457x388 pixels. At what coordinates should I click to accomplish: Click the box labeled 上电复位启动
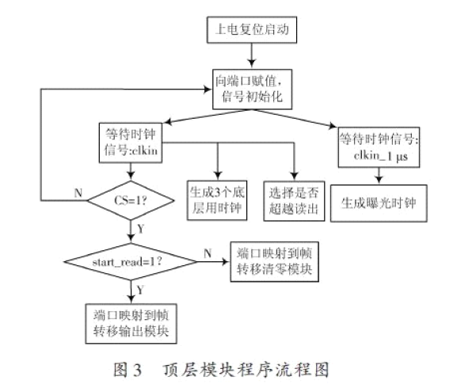(x=252, y=30)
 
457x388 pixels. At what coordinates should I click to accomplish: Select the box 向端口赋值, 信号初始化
(x=252, y=89)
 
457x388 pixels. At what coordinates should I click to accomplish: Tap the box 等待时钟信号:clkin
(x=131, y=143)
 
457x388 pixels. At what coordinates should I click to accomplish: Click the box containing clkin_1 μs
(x=379, y=147)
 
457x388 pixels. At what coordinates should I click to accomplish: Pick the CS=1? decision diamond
(x=131, y=200)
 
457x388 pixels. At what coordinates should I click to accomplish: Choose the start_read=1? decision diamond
(x=131, y=261)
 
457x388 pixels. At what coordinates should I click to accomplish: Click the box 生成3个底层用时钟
(x=217, y=200)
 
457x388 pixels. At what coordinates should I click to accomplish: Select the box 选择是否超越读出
(x=294, y=201)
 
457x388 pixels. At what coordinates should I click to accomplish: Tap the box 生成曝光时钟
(x=379, y=203)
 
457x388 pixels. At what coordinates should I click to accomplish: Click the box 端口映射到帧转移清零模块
(x=275, y=261)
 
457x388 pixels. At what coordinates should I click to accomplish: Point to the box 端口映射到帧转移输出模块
(x=131, y=324)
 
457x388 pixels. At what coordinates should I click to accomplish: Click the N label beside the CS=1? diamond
(x=78, y=193)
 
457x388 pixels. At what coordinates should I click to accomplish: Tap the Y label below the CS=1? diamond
(x=140, y=229)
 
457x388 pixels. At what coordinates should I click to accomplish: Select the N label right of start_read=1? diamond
(x=208, y=253)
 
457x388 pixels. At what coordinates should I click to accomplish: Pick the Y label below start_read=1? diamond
(x=140, y=290)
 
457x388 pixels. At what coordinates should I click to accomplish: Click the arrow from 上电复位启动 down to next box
(x=252, y=55)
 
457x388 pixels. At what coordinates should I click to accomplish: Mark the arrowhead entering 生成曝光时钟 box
(x=379, y=180)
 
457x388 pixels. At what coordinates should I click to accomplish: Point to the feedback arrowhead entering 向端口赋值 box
(x=208, y=89)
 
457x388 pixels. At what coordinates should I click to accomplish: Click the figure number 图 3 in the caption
(x=128, y=370)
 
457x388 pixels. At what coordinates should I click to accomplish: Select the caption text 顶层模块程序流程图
(x=246, y=370)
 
